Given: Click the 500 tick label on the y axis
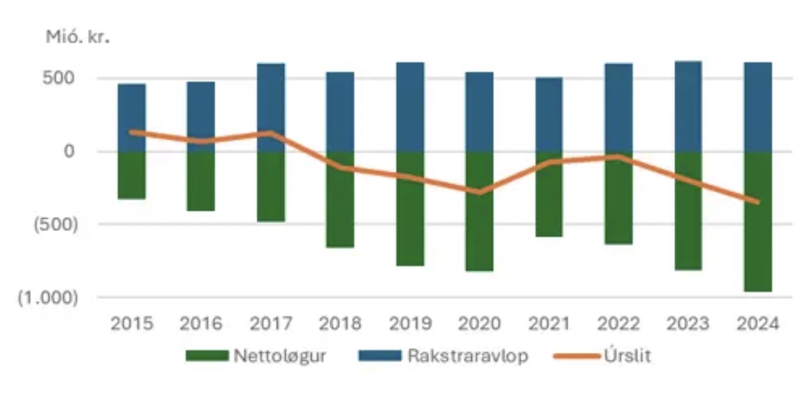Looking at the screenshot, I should point(60,78).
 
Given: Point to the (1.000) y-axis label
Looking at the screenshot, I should point(48,298).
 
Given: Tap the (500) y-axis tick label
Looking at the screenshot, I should point(55,225).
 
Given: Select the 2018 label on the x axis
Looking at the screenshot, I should point(340,324).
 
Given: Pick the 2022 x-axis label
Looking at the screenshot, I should point(618,324).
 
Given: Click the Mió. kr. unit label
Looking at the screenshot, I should point(77,36).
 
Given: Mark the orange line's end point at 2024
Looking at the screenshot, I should point(758,202).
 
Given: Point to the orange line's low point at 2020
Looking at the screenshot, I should point(479,192).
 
